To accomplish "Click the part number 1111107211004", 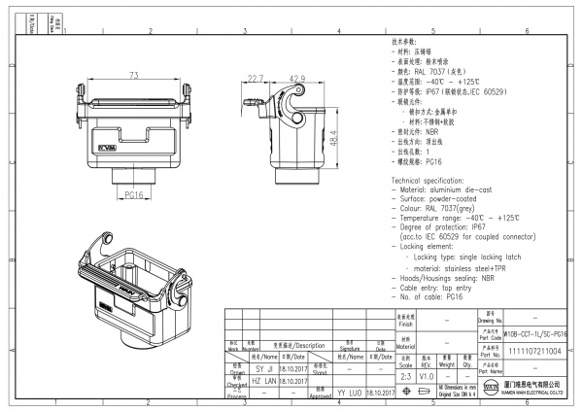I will point(535,351).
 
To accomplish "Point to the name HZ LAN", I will point(236,383).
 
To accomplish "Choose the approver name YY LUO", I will point(348,395).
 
